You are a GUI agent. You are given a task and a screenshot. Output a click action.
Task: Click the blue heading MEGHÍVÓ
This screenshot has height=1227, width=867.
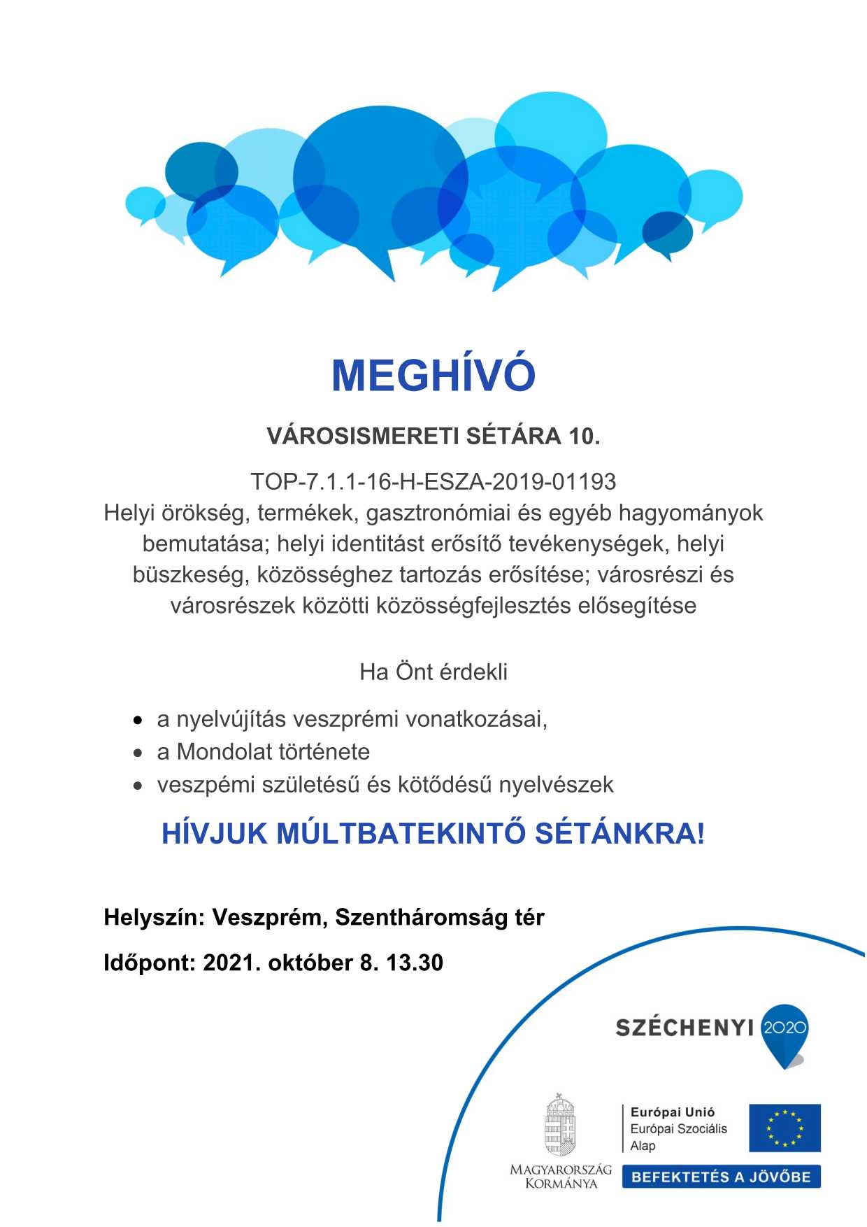433,376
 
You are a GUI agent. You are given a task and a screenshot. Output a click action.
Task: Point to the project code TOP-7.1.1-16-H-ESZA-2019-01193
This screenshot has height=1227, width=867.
433,482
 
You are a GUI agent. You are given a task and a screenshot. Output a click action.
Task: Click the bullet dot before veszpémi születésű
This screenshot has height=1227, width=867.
139,786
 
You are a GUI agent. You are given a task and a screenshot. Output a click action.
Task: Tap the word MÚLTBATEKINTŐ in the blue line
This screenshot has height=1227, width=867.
401,834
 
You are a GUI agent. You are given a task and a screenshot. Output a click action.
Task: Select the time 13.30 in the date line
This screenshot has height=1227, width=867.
415,963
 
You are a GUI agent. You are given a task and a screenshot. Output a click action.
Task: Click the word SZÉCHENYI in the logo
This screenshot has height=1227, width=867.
684,1028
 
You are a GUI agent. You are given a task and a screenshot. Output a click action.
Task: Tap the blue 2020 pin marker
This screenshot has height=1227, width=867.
784,1033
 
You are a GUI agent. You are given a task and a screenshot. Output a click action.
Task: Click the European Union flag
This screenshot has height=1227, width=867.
784,1128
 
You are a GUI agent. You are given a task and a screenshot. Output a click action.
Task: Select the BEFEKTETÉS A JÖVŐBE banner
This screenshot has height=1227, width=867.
721,1177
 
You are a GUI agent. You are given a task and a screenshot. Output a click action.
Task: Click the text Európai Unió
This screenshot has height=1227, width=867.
672,1112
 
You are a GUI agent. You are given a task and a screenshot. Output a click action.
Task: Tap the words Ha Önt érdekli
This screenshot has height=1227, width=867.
433,672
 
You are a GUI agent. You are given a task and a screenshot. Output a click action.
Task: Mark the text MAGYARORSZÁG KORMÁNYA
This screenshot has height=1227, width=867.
560,1176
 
